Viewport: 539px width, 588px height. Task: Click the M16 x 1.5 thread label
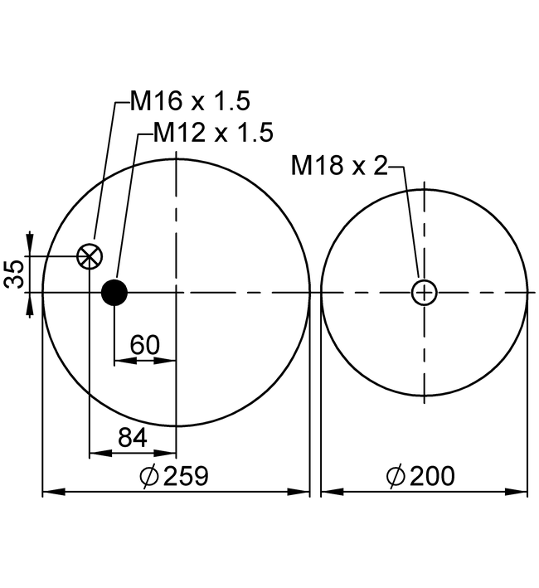190,101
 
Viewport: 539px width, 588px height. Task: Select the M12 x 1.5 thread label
213,133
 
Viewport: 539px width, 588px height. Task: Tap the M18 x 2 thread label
339,165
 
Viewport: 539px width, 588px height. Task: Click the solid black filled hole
114,293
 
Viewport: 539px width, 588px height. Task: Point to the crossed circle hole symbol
90,256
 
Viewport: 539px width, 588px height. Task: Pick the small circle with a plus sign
425,293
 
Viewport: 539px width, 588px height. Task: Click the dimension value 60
144,345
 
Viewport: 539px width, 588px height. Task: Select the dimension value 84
133,438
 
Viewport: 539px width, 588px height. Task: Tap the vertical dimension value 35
14,275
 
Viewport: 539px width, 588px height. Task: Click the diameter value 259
186,476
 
